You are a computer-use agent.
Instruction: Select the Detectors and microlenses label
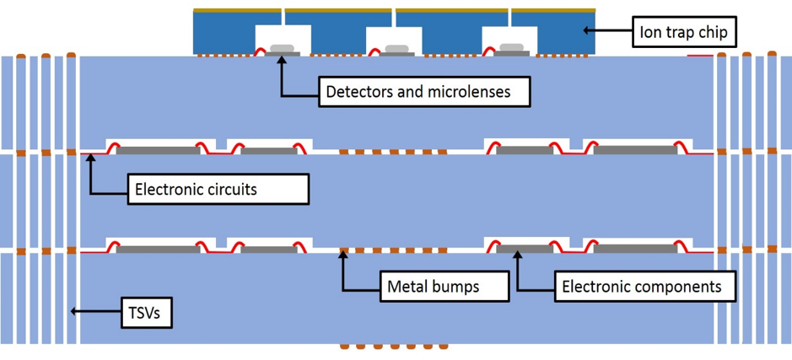424,91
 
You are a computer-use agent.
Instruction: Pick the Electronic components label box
642,287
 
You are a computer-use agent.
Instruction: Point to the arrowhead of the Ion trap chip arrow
588,31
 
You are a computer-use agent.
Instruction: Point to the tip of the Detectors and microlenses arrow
281,62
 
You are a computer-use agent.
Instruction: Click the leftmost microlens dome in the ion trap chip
282,48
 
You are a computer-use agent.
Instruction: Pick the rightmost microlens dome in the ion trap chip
511,48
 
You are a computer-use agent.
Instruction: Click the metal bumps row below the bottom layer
394,347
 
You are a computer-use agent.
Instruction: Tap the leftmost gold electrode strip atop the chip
237,12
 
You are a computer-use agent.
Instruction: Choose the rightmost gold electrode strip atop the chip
552,12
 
